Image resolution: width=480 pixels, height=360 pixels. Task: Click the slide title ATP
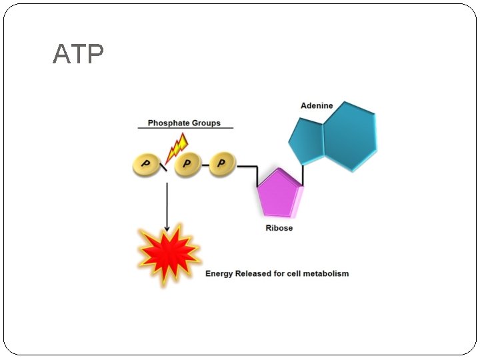click(78, 55)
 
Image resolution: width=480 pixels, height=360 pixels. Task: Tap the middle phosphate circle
click(187, 164)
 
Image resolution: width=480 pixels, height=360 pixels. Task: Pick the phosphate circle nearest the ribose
click(223, 164)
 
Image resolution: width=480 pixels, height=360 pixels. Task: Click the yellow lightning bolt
click(177, 147)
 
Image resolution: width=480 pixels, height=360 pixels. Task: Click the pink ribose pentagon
click(279, 195)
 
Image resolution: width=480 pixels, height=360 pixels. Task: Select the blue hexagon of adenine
click(349, 137)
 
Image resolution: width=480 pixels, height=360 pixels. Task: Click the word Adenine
click(317, 105)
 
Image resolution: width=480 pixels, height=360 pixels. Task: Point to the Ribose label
click(279, 228)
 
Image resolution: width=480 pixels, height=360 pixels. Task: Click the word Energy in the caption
click(219, 273)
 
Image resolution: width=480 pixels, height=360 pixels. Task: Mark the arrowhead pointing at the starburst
click(167, 228)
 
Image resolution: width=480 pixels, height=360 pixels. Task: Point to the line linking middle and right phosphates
click(205, 165)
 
